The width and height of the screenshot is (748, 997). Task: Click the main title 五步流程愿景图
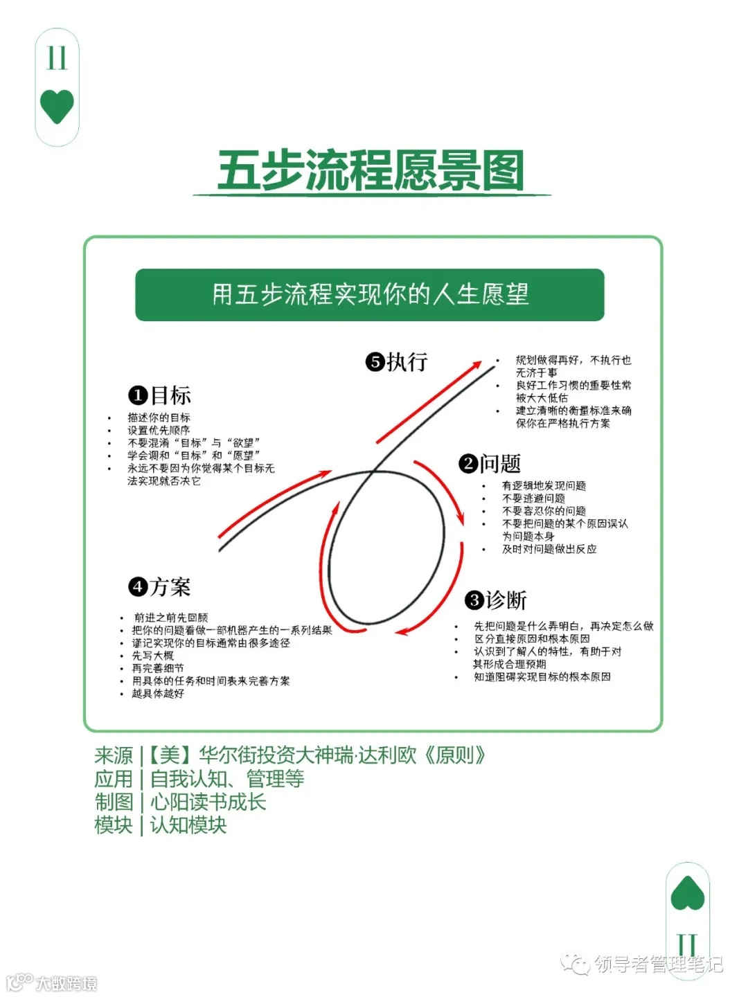click(371, 170)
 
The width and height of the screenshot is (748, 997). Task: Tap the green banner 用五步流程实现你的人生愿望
click(370, 295)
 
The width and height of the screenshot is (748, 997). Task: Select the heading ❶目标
click(160, 395)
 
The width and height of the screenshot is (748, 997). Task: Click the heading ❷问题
click(490, 463)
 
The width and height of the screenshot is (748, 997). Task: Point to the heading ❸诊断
click(496, 600)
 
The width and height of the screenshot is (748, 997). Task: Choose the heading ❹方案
click(160, 587)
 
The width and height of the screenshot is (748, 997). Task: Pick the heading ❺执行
click(397, 361)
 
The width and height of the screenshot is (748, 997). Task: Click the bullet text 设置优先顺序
click(159, 430)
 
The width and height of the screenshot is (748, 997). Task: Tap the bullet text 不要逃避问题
click(533, 498)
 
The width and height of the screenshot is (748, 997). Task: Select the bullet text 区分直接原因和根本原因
click(532, 638)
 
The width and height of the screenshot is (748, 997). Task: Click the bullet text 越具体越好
click(158, 693)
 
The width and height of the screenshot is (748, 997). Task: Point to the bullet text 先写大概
click(153, 655)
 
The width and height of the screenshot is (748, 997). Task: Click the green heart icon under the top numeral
click(57, 107)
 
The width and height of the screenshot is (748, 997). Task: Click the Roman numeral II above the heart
click(57, 58)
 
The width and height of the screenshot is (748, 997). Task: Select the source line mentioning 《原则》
click(290, 755)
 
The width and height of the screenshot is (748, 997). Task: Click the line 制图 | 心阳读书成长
click(180, 802)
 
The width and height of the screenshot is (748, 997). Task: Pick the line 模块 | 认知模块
click(161, 825)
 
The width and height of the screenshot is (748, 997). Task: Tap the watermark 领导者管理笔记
click(658, 964)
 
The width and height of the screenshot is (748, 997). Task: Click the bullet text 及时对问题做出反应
click(549, 549)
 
